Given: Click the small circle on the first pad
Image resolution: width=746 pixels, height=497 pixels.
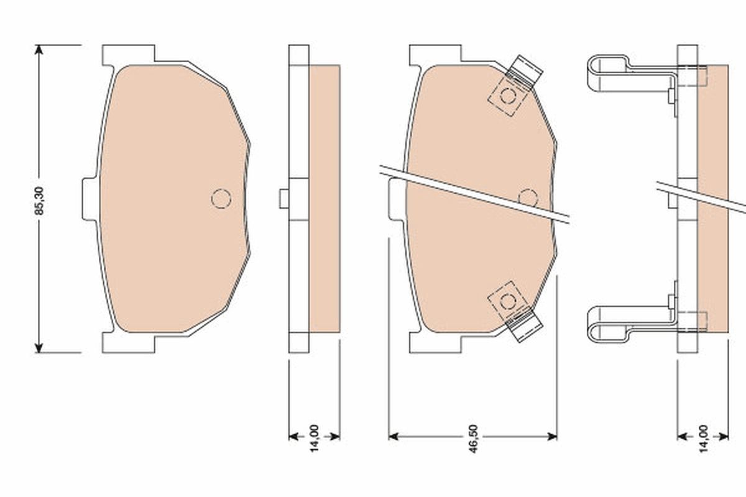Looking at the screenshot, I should [x=221, y=198].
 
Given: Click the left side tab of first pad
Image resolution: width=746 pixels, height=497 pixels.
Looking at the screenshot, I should [x=89, y=199].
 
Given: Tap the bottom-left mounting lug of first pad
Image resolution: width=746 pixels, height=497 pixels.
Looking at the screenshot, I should [x=127, y=344].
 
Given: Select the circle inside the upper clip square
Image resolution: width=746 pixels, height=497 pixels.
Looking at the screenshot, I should [x=508, y=96].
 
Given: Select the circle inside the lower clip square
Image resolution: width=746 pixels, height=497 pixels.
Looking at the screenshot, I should [x=508, y=301].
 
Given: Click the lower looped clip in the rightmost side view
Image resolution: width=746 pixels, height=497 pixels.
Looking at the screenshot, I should [x=612, y=324].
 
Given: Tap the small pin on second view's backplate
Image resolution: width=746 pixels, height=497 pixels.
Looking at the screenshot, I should [x=283, y=199].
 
